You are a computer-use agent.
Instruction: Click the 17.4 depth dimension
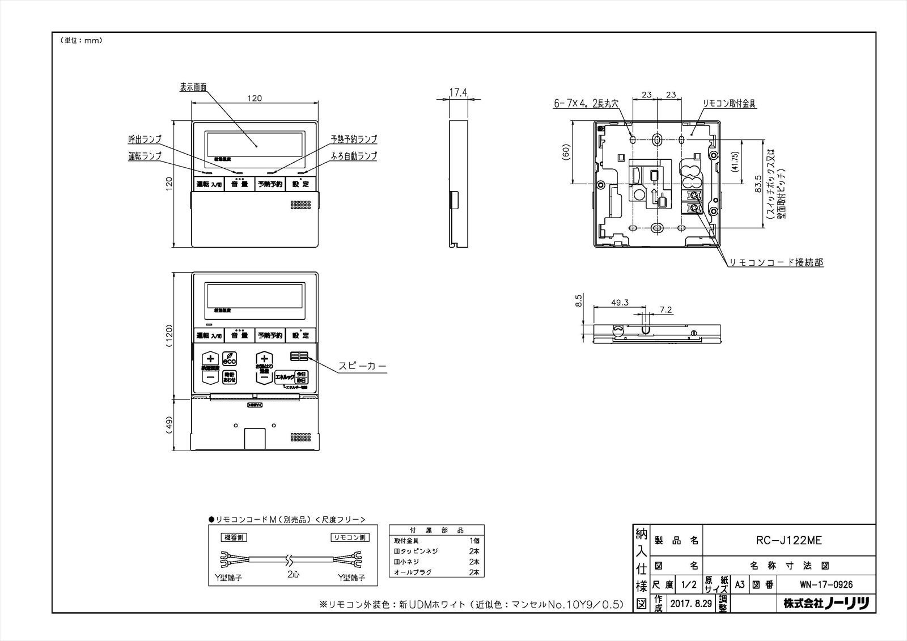click(458, 91)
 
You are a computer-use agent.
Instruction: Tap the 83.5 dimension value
click(758, 184)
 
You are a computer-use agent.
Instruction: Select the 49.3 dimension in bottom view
click(620, 303)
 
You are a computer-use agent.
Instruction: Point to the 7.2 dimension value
click(666, 310)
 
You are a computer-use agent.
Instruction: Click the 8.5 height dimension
click(578, 300)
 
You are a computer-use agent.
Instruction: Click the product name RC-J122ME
click(789, 541)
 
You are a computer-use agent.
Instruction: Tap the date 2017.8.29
click(690, 604)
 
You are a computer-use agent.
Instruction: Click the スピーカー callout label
click(362, 366)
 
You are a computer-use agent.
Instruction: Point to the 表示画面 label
click(193, 87)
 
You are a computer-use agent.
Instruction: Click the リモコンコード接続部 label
click(775, 262)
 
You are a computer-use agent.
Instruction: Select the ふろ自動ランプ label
click(354, 156)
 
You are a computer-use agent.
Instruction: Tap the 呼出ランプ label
click(145, 139)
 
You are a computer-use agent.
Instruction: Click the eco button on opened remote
click(230, 359)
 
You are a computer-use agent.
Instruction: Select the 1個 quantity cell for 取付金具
click(474, 541)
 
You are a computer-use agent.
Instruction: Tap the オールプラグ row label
click(412, 572)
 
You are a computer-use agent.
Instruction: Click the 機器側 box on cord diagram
click(234, 537)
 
